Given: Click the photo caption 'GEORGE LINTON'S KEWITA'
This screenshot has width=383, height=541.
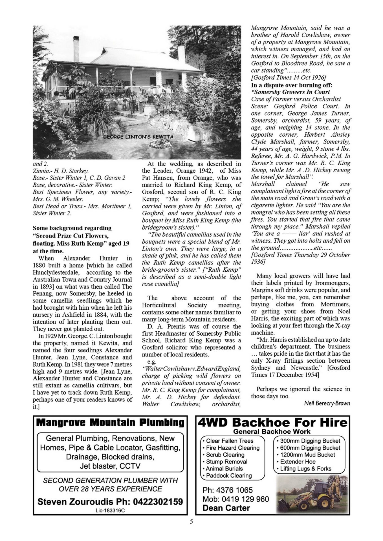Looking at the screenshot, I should point(138,137).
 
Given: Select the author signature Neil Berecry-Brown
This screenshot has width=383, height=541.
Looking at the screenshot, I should point(327,403).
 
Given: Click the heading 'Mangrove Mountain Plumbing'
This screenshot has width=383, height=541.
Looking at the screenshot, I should point(110,422).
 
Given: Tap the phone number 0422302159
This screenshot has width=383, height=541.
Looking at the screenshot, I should point(158,502).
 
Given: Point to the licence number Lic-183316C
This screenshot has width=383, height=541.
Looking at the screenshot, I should point(110,510).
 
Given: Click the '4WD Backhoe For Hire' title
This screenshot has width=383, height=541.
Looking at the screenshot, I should point(272,422).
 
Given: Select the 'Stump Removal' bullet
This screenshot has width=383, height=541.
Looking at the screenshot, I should point(226,462).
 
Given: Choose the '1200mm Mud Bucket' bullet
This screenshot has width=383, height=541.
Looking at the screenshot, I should point(307,454).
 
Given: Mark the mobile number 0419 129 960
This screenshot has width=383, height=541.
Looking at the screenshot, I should point(235,499).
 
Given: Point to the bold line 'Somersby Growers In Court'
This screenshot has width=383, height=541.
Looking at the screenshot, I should point(290,92).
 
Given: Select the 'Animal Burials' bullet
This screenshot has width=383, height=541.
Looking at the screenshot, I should point(224,469).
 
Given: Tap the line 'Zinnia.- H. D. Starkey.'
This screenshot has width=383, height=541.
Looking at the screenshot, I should point(61,171).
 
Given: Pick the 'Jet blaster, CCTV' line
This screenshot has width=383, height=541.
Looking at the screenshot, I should point(110,466).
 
